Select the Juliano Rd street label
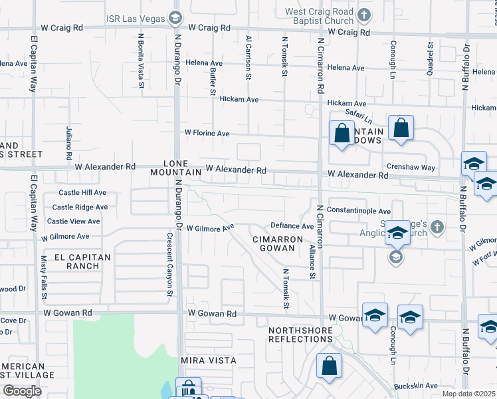click(x=68, y=143)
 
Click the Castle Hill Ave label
click(x=82, y=192)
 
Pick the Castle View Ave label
click(x=74, y=221)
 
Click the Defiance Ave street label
click(x=292, y=226)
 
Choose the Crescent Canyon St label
click(x=169, y=264)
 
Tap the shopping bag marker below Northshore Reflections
click(x=329, y=366)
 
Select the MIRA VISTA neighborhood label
click(x=209, y=360)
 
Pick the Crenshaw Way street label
click(x=411, y=168)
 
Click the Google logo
click(x=22, y=391)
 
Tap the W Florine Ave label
click(x=207, y=133)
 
